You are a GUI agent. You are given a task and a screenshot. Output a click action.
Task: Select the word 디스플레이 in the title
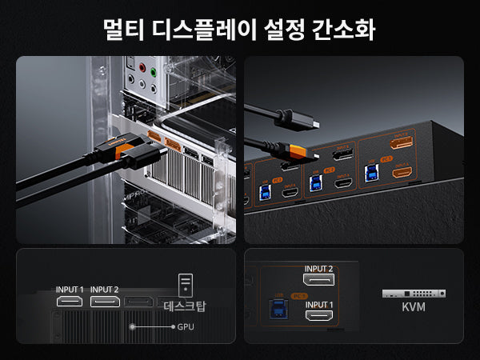[x=204, y=29]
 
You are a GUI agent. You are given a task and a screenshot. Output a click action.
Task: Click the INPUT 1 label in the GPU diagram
[x=70, y=290]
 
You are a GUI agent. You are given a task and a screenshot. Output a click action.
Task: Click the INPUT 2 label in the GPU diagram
[x=105, y=290]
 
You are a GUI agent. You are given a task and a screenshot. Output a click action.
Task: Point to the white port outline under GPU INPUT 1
[x=70, y=302]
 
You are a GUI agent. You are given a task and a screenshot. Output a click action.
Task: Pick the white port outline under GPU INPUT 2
[x=105, y=302]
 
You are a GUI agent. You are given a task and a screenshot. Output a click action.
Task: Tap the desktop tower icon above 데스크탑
[x=186, y=284]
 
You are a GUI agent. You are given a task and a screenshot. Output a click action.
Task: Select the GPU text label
[x=186, y=327]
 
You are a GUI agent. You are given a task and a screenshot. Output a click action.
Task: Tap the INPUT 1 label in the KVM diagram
[x=319, y=305]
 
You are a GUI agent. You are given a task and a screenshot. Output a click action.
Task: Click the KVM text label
[x=414, y=307]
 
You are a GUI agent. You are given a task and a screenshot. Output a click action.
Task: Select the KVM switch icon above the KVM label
[x=414, y=294]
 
